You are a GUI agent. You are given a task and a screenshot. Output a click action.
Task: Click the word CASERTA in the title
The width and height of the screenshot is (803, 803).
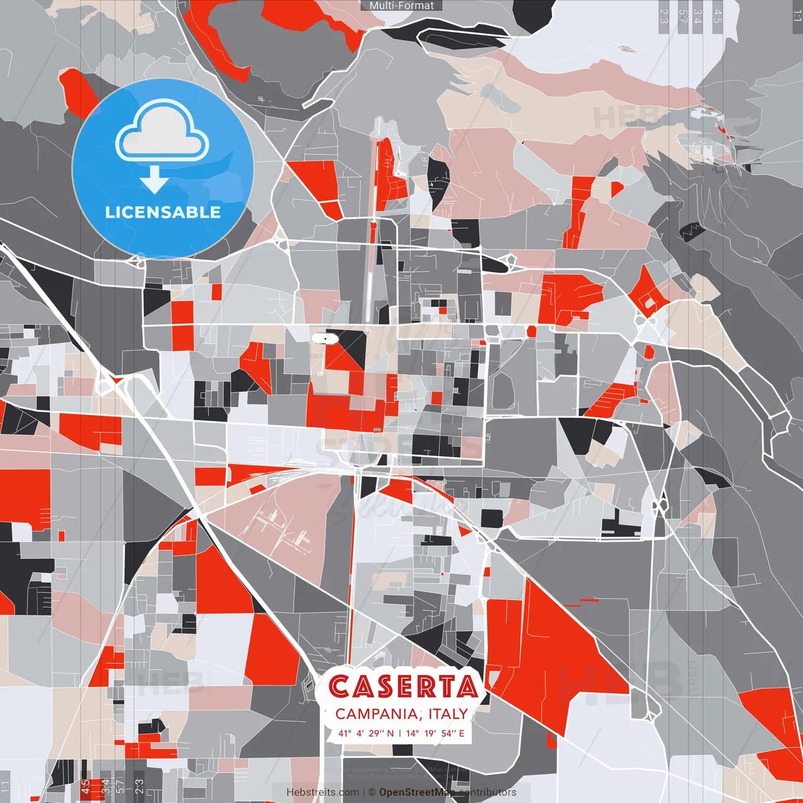point(403,687)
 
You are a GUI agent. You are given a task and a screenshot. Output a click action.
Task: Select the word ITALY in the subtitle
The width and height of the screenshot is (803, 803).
point(448,714)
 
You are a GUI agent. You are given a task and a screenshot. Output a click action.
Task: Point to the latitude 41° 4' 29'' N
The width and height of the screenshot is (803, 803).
point(366,733)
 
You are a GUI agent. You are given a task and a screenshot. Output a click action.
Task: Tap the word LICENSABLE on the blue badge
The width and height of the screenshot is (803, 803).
point(163,212)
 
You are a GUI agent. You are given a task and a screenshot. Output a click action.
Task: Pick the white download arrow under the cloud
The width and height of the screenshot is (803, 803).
point(154,179)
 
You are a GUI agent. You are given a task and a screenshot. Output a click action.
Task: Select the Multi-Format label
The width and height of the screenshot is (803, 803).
point(401,6)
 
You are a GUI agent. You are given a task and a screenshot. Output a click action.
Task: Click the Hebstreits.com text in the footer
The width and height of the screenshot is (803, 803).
point(322,792)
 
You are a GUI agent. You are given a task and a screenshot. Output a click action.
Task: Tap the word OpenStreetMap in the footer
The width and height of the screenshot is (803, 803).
point(417,792)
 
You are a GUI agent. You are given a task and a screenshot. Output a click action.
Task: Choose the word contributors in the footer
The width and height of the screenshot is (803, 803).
point(487,792)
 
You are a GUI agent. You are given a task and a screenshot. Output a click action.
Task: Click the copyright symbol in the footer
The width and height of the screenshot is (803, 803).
point(372,792)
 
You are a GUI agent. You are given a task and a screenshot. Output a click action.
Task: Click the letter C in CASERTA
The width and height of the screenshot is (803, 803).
point(339,687)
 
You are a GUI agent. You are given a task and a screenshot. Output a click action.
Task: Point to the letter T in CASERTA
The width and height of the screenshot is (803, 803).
point(446,687)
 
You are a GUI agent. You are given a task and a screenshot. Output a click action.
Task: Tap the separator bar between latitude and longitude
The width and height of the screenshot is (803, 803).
point(400,733)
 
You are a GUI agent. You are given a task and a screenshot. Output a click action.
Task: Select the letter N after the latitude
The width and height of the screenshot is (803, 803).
point(390,733)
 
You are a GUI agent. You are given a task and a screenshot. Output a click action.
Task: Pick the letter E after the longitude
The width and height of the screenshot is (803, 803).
point(462,733)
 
